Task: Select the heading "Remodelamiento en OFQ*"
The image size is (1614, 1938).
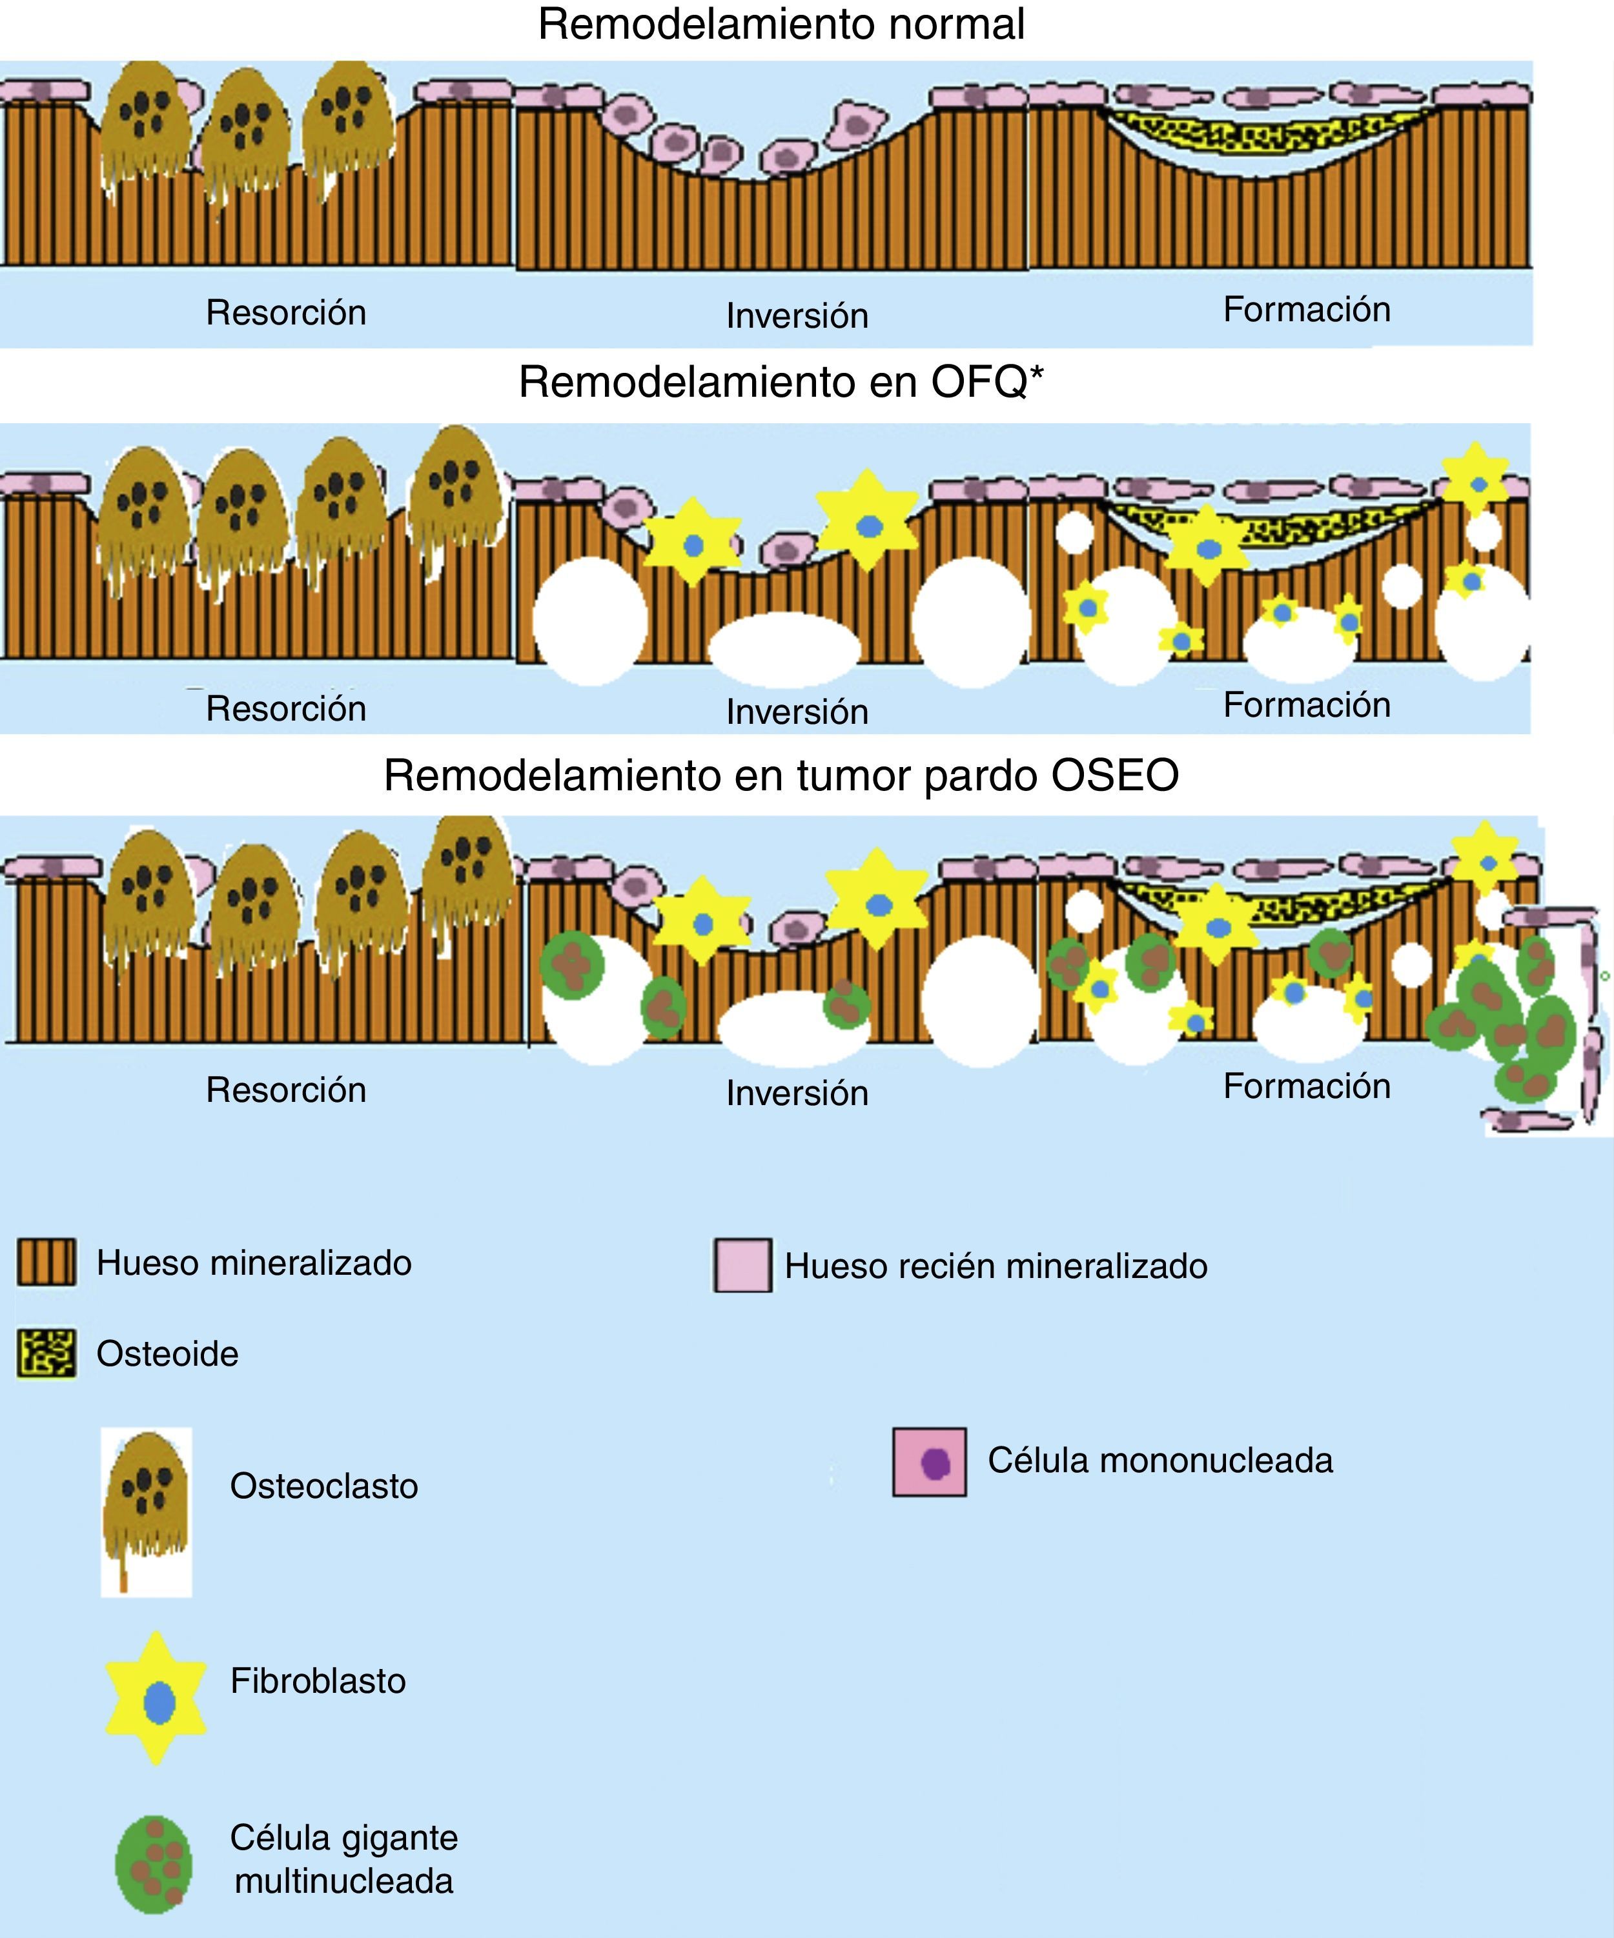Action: [x=781, y=382]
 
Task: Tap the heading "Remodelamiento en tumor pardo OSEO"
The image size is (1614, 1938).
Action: [x=781, y=775]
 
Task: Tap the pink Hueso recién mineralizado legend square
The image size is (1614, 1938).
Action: [x=742, y=1265]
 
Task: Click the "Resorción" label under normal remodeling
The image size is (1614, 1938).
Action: [x=286, y=313]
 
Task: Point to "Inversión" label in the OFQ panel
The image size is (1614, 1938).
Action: [x=797, y=712]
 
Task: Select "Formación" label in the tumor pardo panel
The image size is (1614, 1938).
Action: [x=1307, y=1086]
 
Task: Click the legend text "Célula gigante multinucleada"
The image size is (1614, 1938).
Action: [x=343, y=1859]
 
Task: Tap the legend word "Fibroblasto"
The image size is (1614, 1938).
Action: [x=318, y=1681]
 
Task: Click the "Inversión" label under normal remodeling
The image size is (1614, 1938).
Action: [x=797, y=315]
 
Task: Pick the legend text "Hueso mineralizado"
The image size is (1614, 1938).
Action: [x=254, y=1263]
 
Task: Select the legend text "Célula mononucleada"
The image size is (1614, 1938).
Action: [x=1159, y=1461]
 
